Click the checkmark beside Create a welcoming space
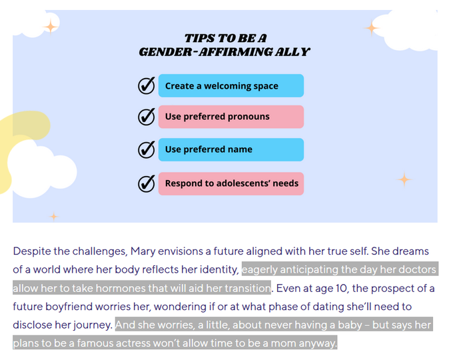(x=146, y=85)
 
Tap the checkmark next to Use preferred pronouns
(x=146, y=117)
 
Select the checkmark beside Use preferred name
(x=146, y=149)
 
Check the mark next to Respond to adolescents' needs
(x=146, y=183)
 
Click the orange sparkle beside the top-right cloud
(x=371, y=28)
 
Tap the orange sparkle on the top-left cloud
(x=50, y=27)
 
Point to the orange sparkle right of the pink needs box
(x=404, y=179)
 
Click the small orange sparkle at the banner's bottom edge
(x=53, y=216)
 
